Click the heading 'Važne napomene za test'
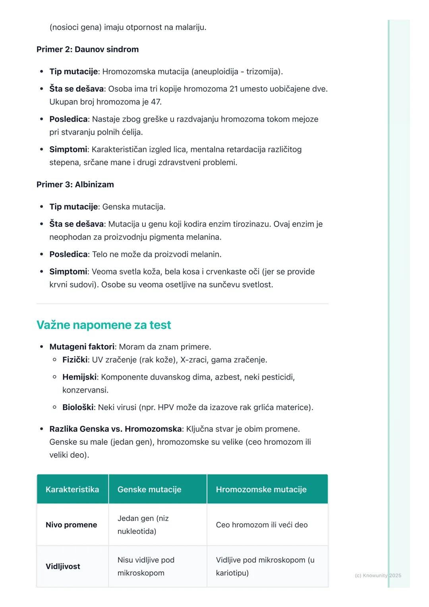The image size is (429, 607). tap(104, 325)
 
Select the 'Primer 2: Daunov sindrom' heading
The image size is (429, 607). tap(87, 49)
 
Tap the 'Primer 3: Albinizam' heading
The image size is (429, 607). tap(75, 184)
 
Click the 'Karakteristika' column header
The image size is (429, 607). tap(72, 489)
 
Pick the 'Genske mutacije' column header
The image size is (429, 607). tap(149, 489)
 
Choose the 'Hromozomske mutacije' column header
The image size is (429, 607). tap(261, 489)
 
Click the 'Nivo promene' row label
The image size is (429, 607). tap(71, 525)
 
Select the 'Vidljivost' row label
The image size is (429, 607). tap(63, 566)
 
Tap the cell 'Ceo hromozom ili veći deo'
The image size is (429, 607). tap(262, 525)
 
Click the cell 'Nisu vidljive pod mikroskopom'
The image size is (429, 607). tap(146, 566)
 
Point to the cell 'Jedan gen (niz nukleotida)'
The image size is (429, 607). tap(143, 525)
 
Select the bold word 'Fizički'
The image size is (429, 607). tap(75, 360)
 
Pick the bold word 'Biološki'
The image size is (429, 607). tap(78, 408)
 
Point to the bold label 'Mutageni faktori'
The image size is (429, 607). tap(82, 347)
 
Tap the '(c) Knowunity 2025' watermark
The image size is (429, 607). tap(378, 575)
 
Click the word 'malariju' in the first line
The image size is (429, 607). tap(190, 27)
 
